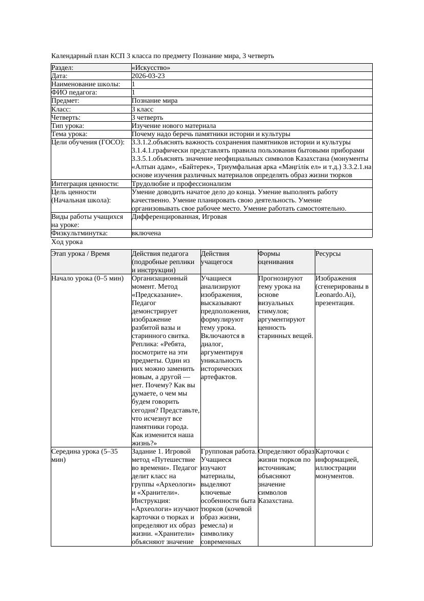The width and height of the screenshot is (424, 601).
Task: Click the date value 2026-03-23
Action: coord(148,76)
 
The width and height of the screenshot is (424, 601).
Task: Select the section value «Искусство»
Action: coord(151,68)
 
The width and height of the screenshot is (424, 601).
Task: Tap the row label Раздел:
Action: coord(63,68)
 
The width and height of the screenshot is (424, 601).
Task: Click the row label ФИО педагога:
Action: coord(74,92)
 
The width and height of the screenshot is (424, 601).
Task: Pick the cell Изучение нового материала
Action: coord(173,126)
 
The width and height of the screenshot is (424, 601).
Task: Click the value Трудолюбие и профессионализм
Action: coord(181,183)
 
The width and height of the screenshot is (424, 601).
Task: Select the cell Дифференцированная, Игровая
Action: coord(179,217)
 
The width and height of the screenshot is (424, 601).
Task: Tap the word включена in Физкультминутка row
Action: coord(146,233)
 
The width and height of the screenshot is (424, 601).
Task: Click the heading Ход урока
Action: coord(67,242)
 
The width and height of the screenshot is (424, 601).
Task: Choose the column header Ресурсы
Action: coord(328,254)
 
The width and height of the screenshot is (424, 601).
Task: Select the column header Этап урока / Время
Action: coord(84,254)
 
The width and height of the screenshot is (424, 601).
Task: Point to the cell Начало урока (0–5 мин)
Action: coord(87,278)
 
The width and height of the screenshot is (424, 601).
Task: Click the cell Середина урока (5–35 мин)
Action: coord(85,456)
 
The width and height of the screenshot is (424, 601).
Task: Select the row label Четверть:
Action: coord(66,118)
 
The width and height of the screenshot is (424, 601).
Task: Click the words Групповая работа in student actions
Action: coord(229,452)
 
